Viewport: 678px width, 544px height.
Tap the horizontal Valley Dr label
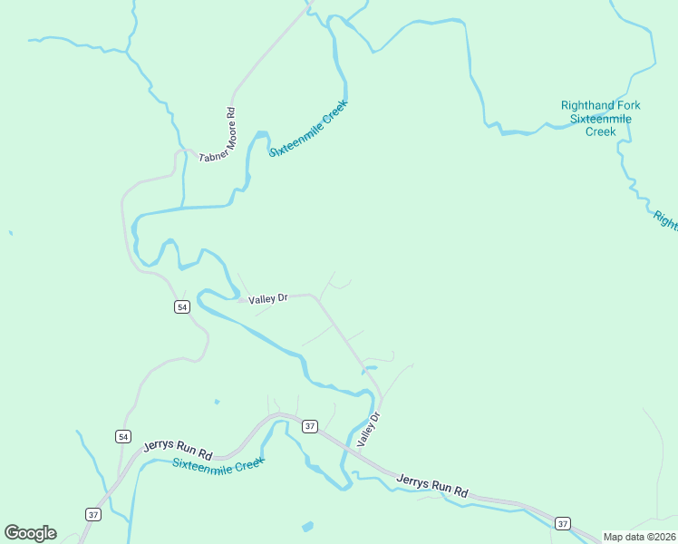[x=267, y=297]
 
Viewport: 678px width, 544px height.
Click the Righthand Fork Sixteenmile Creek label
[x=600, y=118]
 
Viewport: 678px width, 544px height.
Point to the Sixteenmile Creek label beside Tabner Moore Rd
[x=308, y=128]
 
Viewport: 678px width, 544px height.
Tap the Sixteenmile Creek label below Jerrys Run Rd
[x=218, y=463]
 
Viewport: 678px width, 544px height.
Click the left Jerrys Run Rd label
[x=178, y=449]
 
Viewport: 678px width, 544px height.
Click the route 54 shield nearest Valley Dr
[x=182, y=307]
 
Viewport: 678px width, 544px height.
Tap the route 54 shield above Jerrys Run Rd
[x=122, y=436]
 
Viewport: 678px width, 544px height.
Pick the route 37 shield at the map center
[x=309, y=426]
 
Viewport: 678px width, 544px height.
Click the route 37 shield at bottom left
[x=92, y=514]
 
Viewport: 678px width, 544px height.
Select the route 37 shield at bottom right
[x=562, y=524]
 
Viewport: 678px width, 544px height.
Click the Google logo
[x=30, y=533]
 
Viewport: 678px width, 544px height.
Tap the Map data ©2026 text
[x=640, y=537]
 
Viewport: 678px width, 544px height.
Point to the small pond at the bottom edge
[x=307, y=526]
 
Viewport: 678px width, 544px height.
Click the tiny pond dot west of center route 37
[x=216, y=401]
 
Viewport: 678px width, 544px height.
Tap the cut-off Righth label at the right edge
[x=665, y=219]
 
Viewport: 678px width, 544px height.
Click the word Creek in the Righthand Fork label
[x=600, y=131]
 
